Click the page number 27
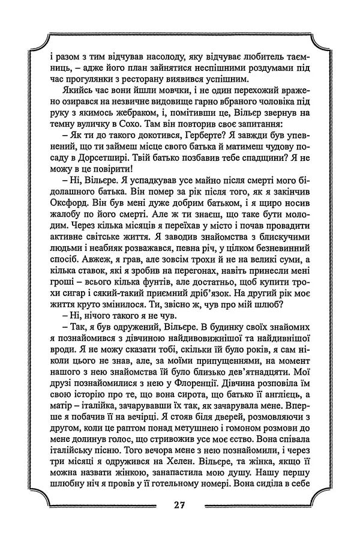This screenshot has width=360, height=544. coord(180,504)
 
